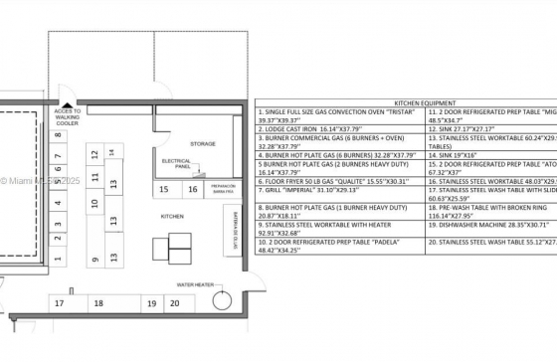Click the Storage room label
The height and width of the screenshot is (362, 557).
[202, 144]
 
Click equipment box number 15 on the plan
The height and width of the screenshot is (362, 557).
[163, 189]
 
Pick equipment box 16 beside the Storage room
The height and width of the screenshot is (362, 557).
[192, 189]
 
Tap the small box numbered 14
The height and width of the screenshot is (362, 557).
[111, 151]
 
